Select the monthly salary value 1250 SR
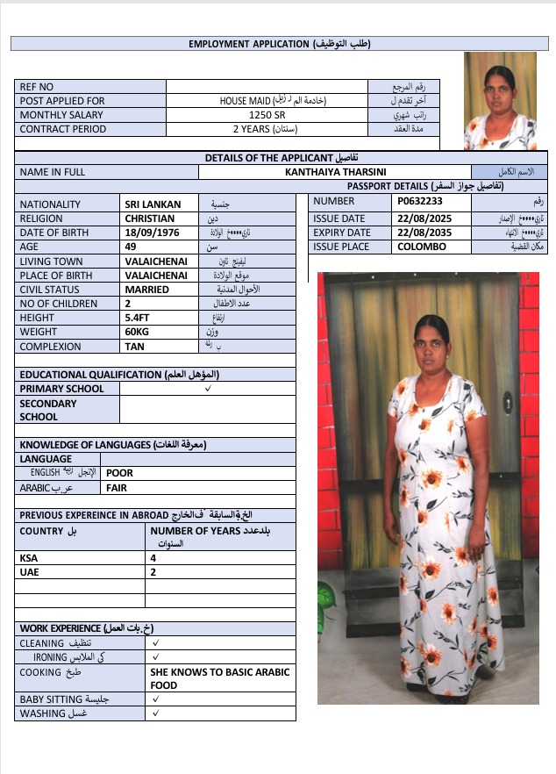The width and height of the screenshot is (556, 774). click(266, 115)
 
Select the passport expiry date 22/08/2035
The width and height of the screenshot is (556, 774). click(425, 233)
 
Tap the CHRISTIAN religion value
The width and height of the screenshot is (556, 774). click(149, 219)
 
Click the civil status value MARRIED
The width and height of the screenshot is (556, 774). click(146, 290)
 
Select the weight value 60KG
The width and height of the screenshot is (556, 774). click(138, 332)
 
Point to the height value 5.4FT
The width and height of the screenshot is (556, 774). click(139, 318)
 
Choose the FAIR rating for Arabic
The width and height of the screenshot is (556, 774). click(117, 487)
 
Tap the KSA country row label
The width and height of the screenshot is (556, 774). click(28, 557)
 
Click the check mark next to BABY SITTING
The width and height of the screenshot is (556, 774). click(155, 699)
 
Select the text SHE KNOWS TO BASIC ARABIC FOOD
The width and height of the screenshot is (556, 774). click(219, 678)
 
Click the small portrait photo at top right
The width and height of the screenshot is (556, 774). click(500, 101)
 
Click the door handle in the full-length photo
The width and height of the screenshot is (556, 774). click(508, 403)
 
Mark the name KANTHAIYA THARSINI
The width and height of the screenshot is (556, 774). click(336, 173)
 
